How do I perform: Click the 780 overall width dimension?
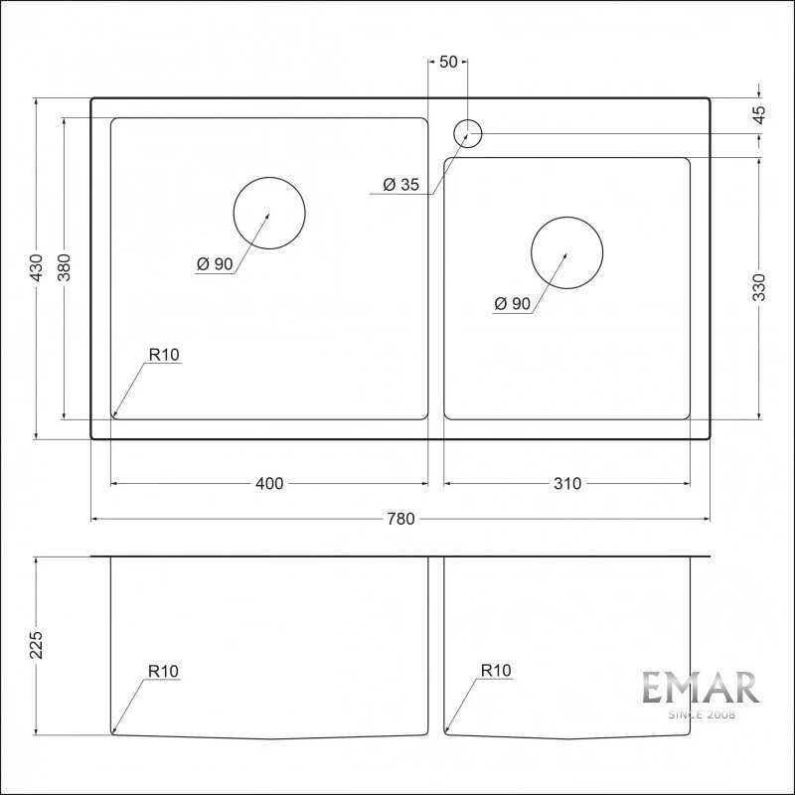tap(401, 519)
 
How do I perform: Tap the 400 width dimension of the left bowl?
tap(269, 484)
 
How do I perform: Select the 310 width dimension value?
tap(567, 484)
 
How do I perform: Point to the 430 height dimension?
tap(37, 267)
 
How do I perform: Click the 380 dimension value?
tap(65, 267)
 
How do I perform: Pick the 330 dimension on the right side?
tap(759, 287)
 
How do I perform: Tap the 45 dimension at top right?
tap(759, 115)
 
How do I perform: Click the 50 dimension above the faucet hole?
tap(448, 62)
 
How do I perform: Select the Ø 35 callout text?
tap(401, 185)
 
